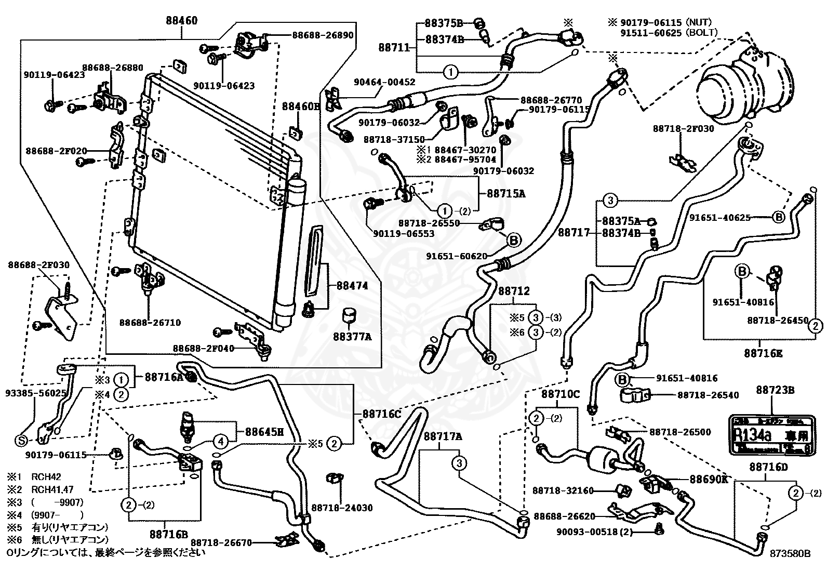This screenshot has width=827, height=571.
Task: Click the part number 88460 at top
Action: pyautogui.click(x=182, y=21)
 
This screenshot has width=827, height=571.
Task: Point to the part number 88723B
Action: pyautogui.click(x=775, y=390)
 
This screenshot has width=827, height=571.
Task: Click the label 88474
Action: pyautogui.click(x=352, y=286)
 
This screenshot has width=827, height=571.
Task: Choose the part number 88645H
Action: pyautogui.click(x=264, y=431)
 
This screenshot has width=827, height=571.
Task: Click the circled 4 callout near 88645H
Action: pyautogui.click(x=221, y=442)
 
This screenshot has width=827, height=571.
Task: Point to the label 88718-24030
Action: pyautogui.click(x=342, y=508)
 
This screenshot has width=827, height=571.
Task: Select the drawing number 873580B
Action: pyautogui.click(x=790, y=554)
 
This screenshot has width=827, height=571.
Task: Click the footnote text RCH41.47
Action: pyautogui.click(x=52, y=489)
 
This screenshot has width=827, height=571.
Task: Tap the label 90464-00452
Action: pyautogui.click(x=384, y=82)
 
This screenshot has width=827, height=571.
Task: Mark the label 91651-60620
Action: pyautogui.click(x=457, y=256)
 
